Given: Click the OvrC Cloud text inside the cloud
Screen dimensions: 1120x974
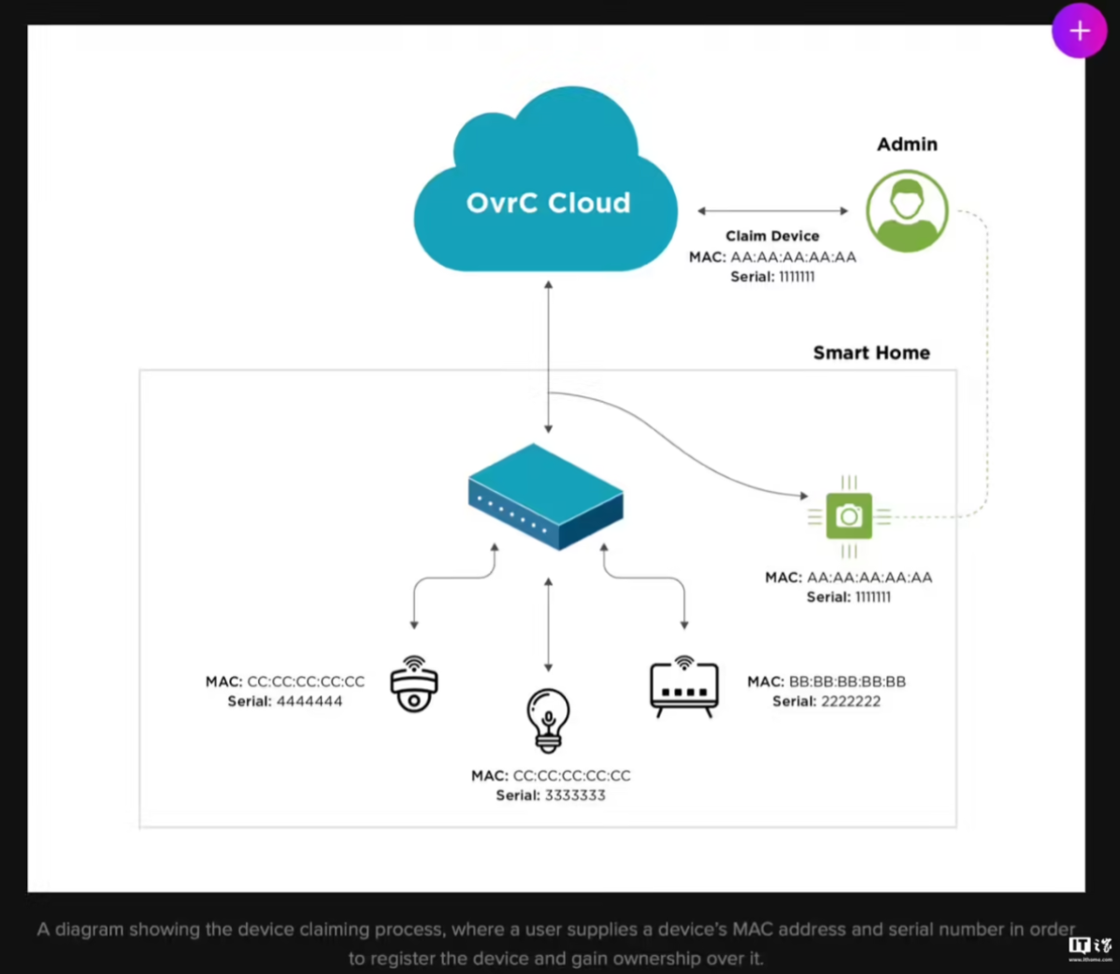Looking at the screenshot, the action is click(549, 203).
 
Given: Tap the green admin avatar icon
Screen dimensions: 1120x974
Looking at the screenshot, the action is click(907, 210).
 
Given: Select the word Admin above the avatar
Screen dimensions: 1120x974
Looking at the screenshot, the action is click(907, 144).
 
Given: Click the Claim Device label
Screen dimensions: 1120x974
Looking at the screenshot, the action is click(772, 236).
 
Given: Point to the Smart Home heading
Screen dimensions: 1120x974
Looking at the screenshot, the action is click(871, 352).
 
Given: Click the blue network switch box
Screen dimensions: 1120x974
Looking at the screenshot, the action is click(546, 497).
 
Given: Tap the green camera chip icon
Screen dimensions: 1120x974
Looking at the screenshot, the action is click(849, 516).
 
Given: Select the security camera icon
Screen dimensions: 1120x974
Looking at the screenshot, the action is click(414, 684).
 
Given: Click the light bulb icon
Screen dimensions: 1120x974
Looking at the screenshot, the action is click(548, 721).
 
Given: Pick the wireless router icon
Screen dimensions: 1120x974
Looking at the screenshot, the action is click(684, 685).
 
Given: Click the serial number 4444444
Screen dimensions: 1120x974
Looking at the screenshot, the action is click(309, 701).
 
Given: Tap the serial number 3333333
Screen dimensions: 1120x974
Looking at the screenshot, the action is click(575, 795).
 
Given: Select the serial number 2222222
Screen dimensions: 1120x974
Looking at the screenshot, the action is click(851, 701).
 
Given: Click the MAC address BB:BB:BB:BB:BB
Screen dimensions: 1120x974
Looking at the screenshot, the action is click(847, 682).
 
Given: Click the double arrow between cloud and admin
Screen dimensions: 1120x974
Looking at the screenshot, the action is click(773, 210).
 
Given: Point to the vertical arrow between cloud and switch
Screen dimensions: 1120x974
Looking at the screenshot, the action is click(549, 357).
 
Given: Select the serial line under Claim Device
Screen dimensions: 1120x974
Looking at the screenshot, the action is click(772, 277).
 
